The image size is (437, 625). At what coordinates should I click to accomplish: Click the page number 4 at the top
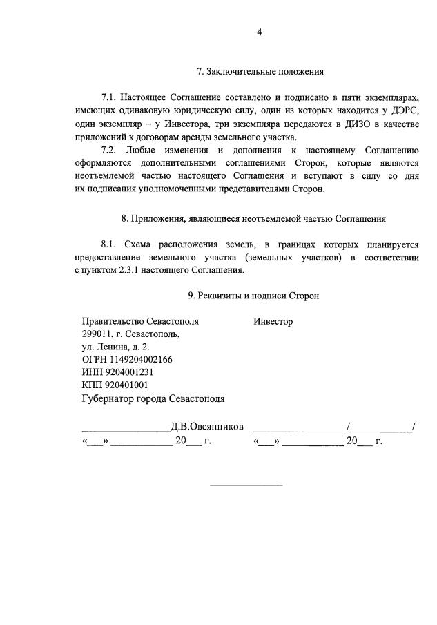coord(260,31)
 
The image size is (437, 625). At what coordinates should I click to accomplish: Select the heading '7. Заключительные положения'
coord(260,71)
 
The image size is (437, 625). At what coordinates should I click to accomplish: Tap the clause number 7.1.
coord(110,97)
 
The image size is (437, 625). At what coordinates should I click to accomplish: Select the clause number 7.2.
coord(110,149)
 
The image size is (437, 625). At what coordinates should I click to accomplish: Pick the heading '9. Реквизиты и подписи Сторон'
coord(253,296)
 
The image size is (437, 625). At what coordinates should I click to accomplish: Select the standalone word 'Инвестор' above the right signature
coord(273,322)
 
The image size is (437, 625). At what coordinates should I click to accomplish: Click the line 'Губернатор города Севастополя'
coord(153,398)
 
